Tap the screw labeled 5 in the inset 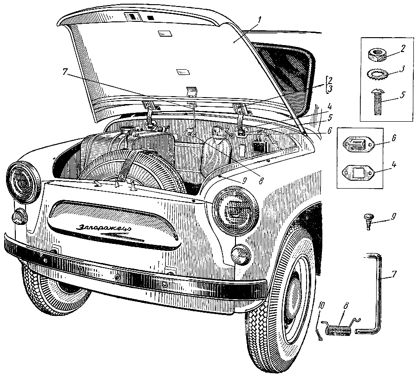pyautogui.click(x=377, y=100)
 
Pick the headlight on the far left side pyautogui.click(x=21, y=182)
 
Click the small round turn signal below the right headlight pyautogui.click(x=241, y=255)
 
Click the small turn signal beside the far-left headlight pyautogui.click(x=20, y=216)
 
